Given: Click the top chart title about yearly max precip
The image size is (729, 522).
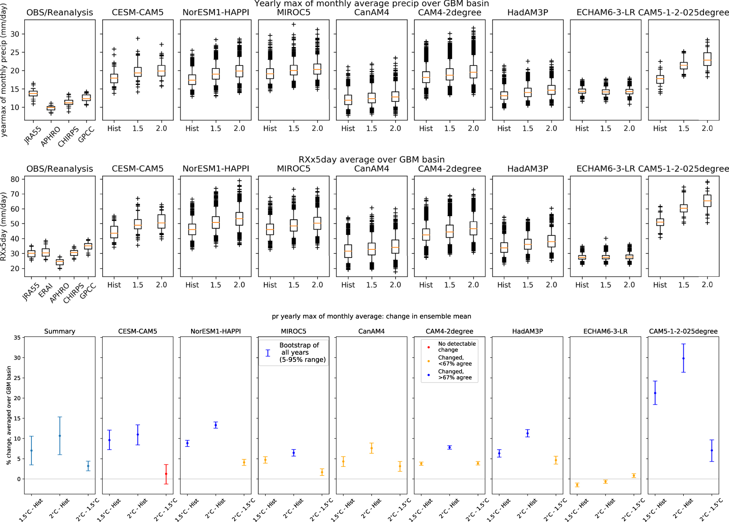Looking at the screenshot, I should click(x=371, y=4).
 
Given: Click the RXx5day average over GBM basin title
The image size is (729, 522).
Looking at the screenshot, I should click(x=371, y=160).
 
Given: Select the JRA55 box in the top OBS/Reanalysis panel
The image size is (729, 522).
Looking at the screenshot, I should click(x=33, y=93).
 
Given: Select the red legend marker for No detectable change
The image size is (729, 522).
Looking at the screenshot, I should click(x=428, y=347).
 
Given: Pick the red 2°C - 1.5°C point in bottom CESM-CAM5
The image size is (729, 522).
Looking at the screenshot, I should click(x=166, y=474).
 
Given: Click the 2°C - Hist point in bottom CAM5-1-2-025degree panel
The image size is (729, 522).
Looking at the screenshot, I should click(x=683, y=358).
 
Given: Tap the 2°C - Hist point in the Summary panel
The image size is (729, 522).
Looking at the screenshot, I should click(x=60, y=436).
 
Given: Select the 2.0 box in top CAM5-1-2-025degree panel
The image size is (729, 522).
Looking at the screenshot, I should click(x=707, y=59).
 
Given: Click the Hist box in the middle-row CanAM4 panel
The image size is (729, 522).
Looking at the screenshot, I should click(x=348, y=251).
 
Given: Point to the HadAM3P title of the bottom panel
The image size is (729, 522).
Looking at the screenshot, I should click(x=527, y=331).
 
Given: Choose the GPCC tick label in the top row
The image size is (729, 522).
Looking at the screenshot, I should click(x=86, y=135).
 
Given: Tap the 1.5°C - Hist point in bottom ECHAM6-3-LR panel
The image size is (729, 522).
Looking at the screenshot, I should click(x=577, y=485).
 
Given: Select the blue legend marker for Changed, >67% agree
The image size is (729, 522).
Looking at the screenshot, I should click(x=428, y=375).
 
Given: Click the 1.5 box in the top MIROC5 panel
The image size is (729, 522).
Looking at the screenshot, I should click(x=294, y=70).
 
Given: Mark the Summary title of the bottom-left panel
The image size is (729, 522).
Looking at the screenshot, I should click(x=60, y=331).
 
